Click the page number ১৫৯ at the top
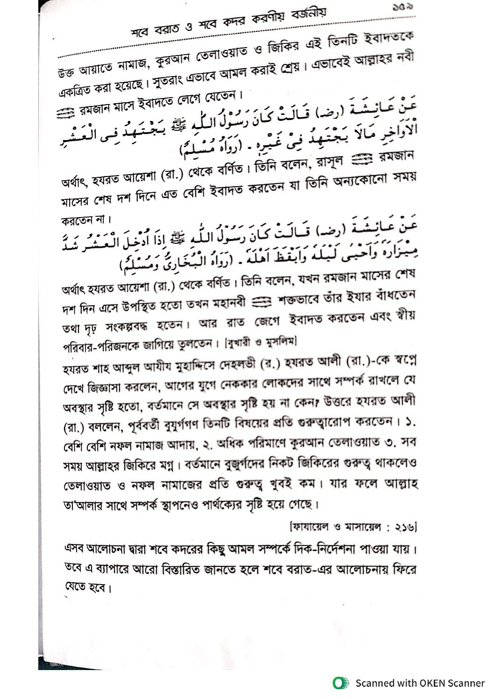tap(402, 7)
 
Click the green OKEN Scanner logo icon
tap(341, 683)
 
